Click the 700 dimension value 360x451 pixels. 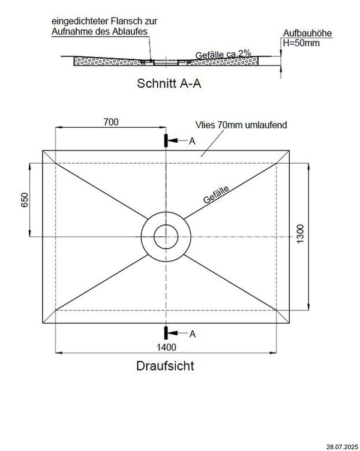pyautogui.click(x=110, y=122)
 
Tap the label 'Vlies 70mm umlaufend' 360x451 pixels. pyautogui.click(x=241, y=125)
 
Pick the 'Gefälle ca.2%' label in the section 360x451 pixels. pyautogui.click(x=223, y=55)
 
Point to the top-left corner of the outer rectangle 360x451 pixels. pyautogui.click(x=43, y=150)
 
